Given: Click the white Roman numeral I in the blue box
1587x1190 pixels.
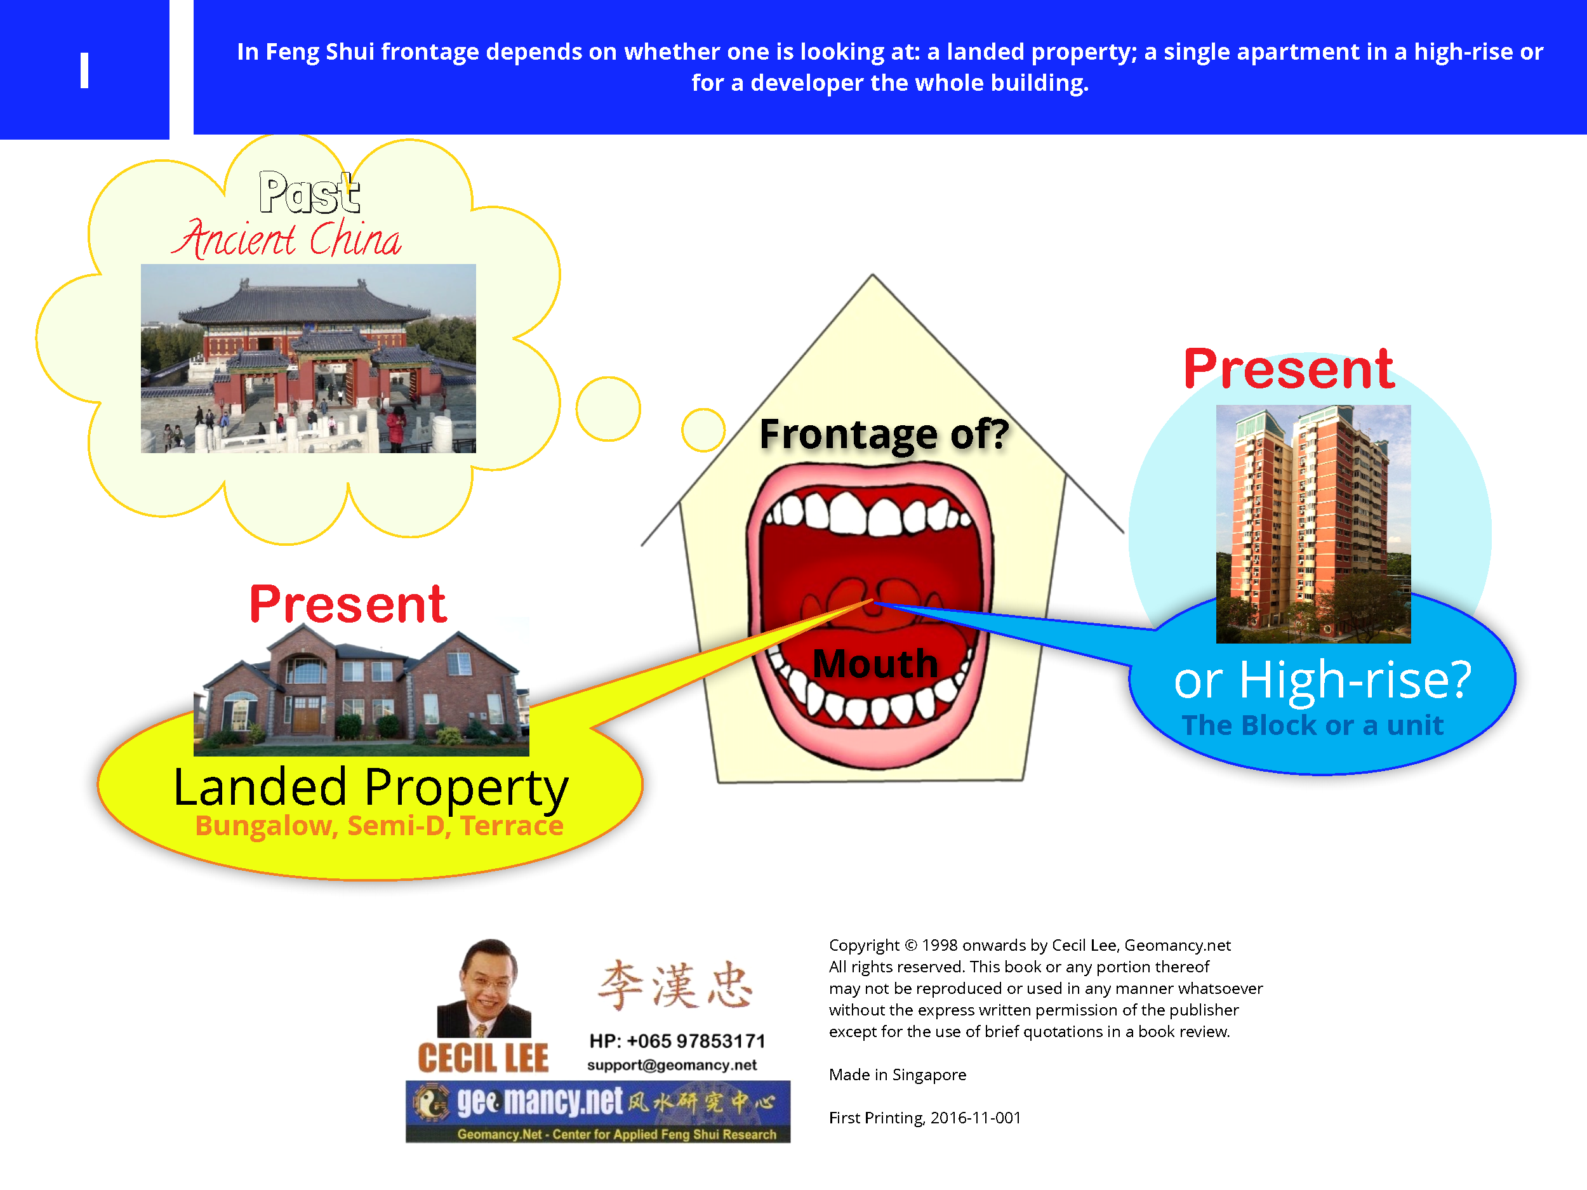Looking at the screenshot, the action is (84, 70).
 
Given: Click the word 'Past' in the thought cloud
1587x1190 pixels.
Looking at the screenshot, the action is (309, 192).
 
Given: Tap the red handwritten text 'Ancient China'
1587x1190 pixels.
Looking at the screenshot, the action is (286, 237).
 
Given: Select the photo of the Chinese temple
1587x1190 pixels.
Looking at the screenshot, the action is (308, 358).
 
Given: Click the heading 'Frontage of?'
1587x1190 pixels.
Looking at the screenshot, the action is (884, 434).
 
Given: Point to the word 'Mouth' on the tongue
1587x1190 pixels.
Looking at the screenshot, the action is (875, 663).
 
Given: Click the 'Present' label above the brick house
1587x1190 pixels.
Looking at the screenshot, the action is (348, 604).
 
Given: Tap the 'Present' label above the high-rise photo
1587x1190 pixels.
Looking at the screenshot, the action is (1289, 369).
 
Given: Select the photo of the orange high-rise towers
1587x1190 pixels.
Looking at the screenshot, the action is (1313, 524).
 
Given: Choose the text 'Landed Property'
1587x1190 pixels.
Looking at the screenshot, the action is (371, 787).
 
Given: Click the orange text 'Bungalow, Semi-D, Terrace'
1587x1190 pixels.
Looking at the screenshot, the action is (380, 826).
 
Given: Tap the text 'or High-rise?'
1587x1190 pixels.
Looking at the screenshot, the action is (1322, 680).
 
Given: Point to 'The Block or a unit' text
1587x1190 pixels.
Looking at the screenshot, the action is (1312, 725).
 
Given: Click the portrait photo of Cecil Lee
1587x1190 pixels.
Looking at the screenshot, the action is (484, 988).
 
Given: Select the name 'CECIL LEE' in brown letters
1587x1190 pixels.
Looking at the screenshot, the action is (483, 1059).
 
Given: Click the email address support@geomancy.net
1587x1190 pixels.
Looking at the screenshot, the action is (672, 1065).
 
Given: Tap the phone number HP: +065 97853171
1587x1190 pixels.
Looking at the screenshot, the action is (677, 1041).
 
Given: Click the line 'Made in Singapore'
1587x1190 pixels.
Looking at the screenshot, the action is (898, 1074).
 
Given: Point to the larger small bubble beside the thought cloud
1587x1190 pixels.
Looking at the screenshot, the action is (608, 409).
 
